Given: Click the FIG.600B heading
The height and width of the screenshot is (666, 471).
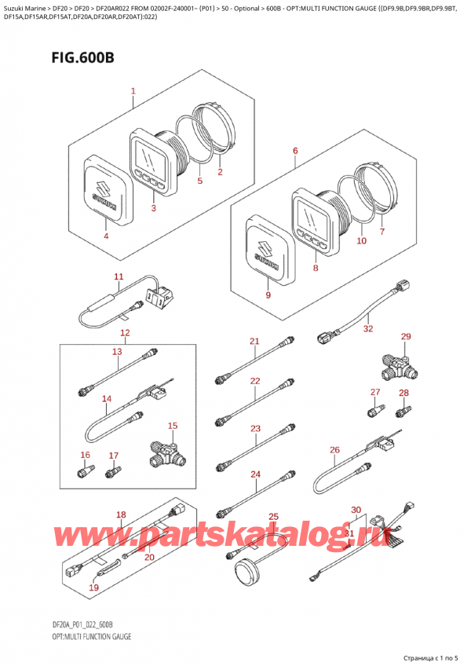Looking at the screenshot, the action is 83,57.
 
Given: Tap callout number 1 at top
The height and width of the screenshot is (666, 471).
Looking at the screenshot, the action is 133,91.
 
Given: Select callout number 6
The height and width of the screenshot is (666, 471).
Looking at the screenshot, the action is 295,151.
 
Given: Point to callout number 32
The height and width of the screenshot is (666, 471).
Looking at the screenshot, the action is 368,328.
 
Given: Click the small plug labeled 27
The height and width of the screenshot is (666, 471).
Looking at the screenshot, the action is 376,410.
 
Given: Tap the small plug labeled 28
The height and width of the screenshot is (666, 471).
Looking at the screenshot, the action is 403,411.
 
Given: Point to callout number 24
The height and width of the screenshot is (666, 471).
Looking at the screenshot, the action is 255,474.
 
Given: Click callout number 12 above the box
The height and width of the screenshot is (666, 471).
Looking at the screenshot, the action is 125,333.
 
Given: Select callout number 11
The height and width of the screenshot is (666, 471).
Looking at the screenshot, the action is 119,276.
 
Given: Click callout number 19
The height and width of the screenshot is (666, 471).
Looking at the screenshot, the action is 94,587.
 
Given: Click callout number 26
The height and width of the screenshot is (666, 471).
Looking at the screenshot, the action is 334,450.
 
